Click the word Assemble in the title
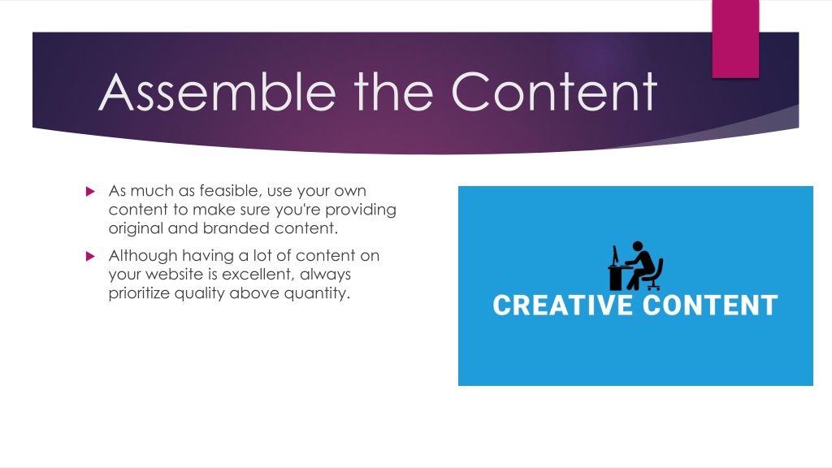(x=217, y=92)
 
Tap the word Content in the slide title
(x=554, y=92)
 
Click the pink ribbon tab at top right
(x=735, y=39)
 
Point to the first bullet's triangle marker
(x=90, y=191)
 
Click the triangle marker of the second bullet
(x=90, y=256)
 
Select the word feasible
(x=230, y=190)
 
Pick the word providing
(x=361, y=210)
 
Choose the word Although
(x=143, y=256)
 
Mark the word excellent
(x=258, y=275)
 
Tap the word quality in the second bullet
(x=200, y=293)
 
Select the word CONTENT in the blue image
(x=710, y=305)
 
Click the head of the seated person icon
(x=638, y=246)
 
